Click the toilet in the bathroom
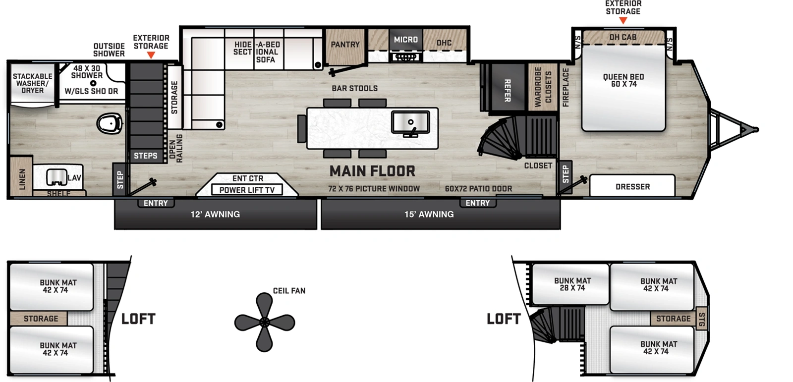110,123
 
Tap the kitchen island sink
410,122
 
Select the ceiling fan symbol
264,323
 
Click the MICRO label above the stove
405,40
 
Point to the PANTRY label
345,45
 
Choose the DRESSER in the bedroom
632,187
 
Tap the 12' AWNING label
215,215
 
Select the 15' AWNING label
429,215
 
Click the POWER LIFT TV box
247,190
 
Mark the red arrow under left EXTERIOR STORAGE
151,55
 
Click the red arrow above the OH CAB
623,21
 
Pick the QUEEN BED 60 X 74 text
623,80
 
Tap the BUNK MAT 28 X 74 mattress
572,284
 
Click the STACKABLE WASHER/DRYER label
33,83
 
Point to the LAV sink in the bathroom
57,177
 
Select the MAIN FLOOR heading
372,171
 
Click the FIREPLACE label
566,88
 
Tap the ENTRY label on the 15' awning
477,203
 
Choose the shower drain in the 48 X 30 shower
93,83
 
